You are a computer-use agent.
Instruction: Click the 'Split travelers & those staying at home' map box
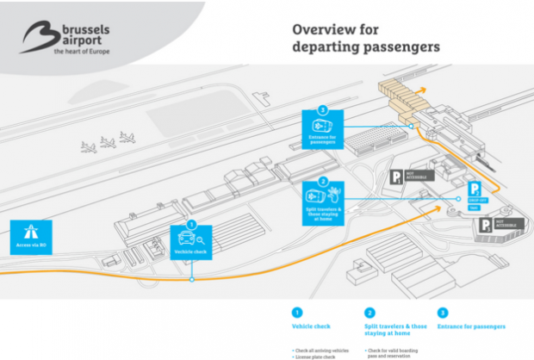click(x=322, y=200)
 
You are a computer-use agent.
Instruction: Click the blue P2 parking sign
click(x=473, y=190)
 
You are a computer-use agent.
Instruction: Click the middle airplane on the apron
click(x=109, y=141)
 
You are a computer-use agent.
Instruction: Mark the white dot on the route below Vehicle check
click(x=192, y=279)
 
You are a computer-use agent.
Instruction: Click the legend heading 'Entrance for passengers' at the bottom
click(x=472, y=326)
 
